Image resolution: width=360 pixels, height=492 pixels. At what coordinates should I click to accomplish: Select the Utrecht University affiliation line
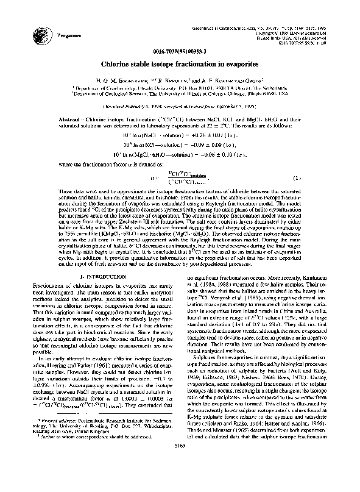[179, 88]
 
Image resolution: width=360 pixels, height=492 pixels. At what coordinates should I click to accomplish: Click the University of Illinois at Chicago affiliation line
[179, 94]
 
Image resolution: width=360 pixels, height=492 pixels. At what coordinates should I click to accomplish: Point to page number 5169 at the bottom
[179, 481]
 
